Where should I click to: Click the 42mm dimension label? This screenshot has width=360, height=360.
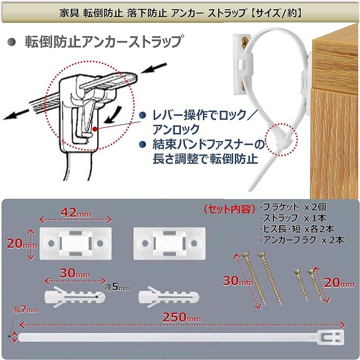click(x=76, y=213)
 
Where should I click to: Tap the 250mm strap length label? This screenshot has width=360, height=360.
click(x=182, y=317)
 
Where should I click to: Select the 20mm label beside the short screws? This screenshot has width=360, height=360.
click(x=339, y=283)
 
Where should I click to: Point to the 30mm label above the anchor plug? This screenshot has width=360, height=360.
click(x=75, y=273)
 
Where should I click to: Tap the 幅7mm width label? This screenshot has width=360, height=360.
click(x=25, y=310)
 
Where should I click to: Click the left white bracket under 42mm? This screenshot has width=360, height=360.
click(x=76, y=243)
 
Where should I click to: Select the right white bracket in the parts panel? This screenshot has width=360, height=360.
click(x=169, y=243)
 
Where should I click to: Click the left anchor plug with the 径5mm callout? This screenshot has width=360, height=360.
click(x=75, y=296)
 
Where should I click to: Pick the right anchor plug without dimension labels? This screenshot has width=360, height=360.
click(x=169, y=296)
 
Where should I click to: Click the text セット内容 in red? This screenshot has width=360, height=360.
click(x=230, y=209)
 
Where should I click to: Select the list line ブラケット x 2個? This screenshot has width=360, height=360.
click(x=293, y=207)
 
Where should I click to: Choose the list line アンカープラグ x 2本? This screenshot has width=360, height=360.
click(x=302, y=240)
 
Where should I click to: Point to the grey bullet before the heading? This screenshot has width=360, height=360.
click(x=11, y=42)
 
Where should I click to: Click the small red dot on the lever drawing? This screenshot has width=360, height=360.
click(x=95, y=129)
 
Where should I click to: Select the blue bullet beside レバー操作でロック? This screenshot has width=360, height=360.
click(x=143, y=115)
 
